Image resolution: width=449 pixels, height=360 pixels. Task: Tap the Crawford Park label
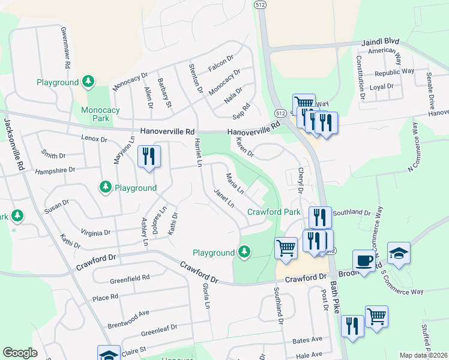pos(274,212)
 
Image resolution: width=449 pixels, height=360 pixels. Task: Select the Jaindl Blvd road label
pos(381,44)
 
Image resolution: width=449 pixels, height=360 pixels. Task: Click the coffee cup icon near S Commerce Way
pos(364,260)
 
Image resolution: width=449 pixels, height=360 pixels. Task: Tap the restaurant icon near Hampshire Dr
pos(148,157)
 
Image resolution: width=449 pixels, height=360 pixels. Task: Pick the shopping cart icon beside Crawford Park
pos(286,247)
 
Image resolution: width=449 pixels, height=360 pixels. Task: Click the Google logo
pos(20,353)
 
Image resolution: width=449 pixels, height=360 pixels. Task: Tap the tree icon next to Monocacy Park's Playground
pos(88,81)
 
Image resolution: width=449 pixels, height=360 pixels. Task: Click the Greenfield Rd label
pos(129,280)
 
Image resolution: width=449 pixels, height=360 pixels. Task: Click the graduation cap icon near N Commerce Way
pos(399,252)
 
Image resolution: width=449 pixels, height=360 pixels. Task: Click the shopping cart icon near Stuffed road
pos(376,316)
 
